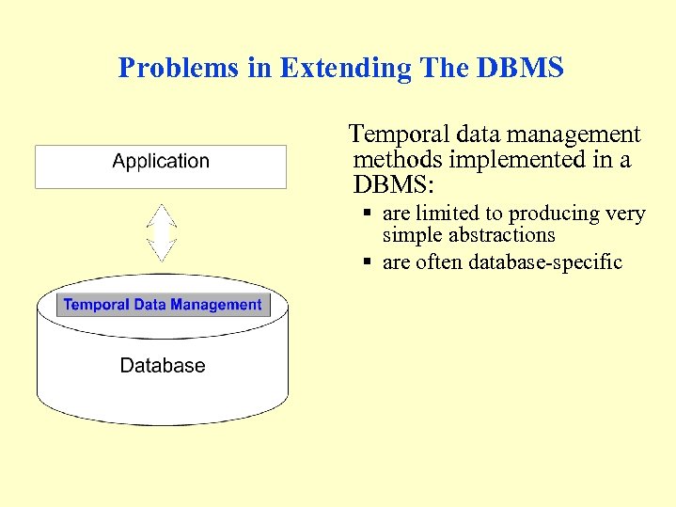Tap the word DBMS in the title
click(x=521, y=68)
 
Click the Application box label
click(x=161, y=162)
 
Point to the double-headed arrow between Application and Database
click(x=163, y=233)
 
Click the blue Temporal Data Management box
click(x=163, y=305)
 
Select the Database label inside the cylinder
click(x=163, y=365)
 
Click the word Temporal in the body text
click(x=393, y=135)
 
